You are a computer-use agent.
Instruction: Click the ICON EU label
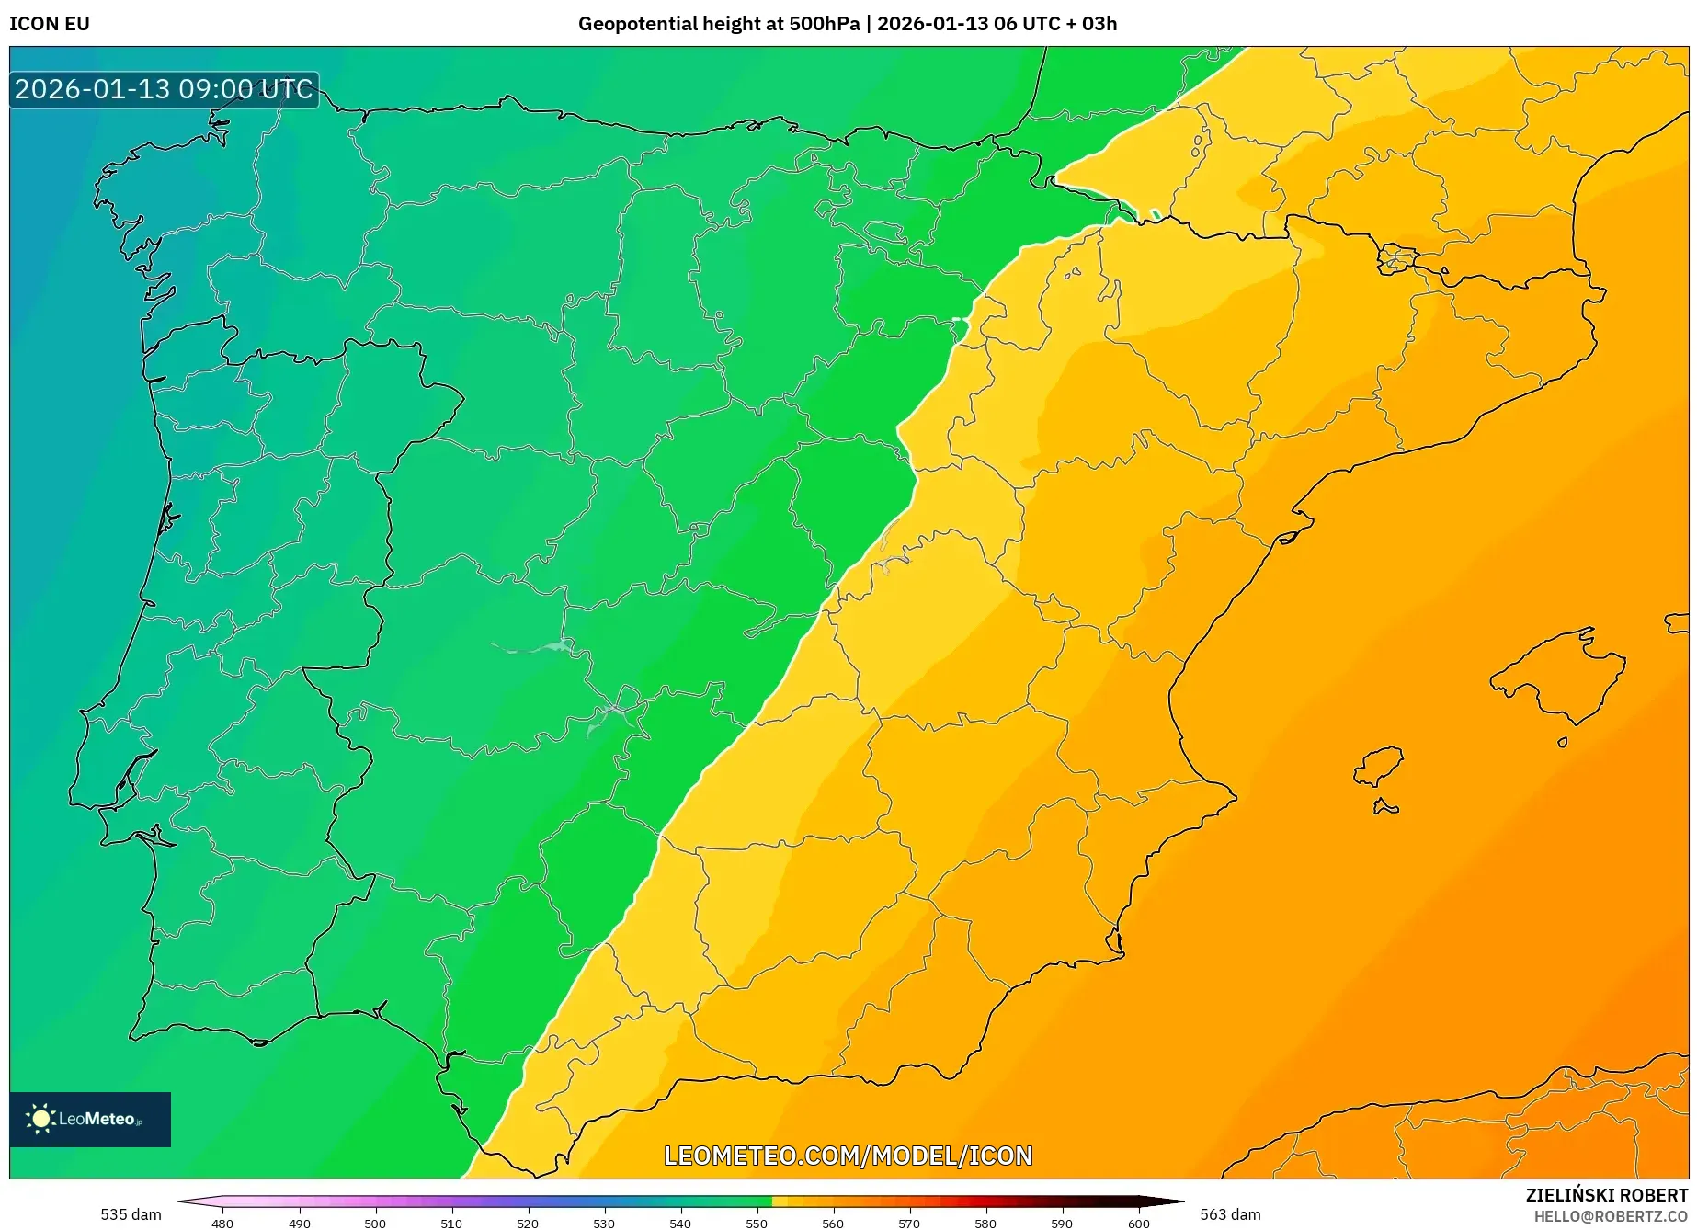click(x=50, y=24)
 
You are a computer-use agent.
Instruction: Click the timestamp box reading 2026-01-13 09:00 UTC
click(x=164, y=89)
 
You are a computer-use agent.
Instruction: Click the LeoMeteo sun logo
click(x=40, y=1119)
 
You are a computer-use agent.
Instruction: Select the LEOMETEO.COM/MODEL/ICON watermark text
click(x=848, y=1156)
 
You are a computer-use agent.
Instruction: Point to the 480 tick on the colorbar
click(x=222, y=1223)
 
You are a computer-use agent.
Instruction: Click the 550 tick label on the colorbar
click(x=757, y=1223)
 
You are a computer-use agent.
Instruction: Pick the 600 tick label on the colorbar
click(x=1138, y=1223)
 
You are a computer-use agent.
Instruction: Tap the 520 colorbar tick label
click(x=528, y=1223)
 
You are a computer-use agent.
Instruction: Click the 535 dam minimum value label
click(x=131, y=1214)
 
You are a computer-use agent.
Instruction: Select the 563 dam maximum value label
click(x=1230, y=1214)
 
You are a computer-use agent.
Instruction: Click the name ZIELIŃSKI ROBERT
click(x=1607, y=1196)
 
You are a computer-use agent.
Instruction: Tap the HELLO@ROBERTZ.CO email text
click(x=1611, y=1216)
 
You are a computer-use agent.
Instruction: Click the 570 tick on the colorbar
click(x=909, y=1223)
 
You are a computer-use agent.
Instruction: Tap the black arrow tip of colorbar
click(x=1177, y=1202)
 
